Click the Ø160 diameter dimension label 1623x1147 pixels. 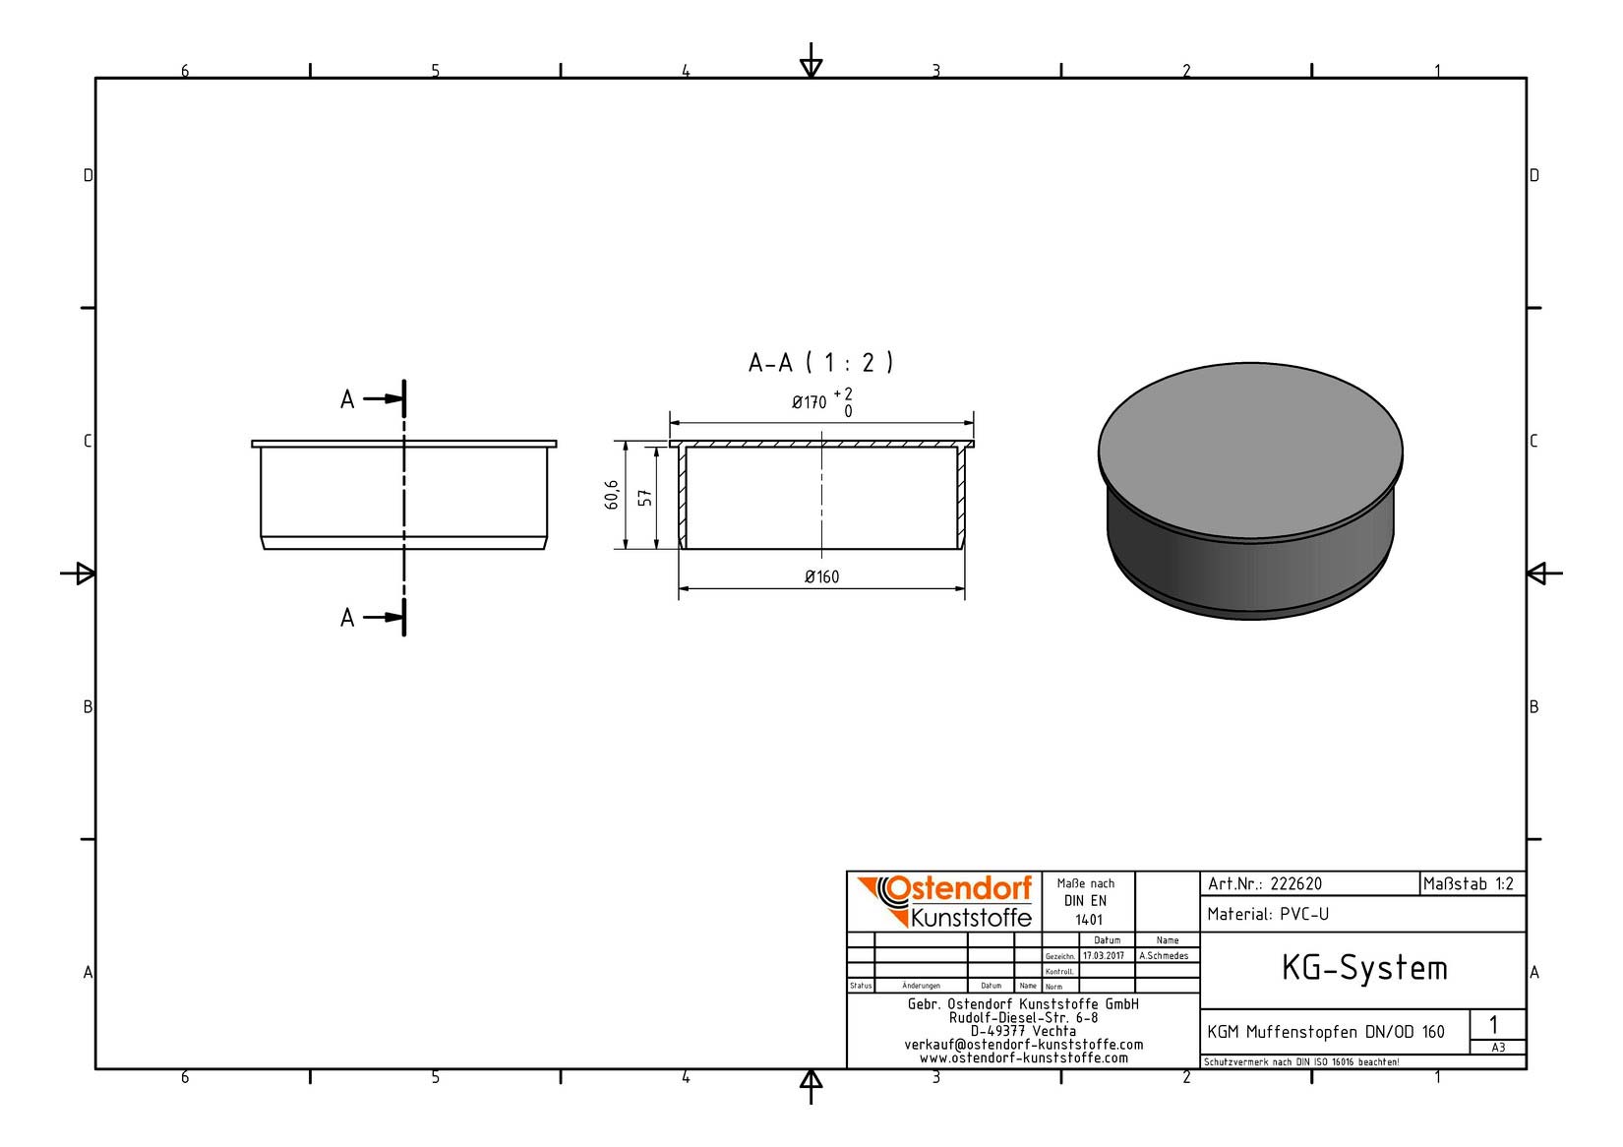click(821, 576)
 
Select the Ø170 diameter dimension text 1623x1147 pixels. click(809, 402)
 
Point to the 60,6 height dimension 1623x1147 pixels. click(612, 495)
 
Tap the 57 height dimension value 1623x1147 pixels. click(645, 498)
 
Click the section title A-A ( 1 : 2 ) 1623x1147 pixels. click(821, 362)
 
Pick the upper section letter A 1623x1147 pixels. click(347, 399)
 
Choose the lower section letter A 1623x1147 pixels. click(347, 618)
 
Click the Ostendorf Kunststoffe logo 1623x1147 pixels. click(945, 902)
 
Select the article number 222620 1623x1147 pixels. click(1296, 884)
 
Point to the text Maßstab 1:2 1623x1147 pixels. click(1469, 884)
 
